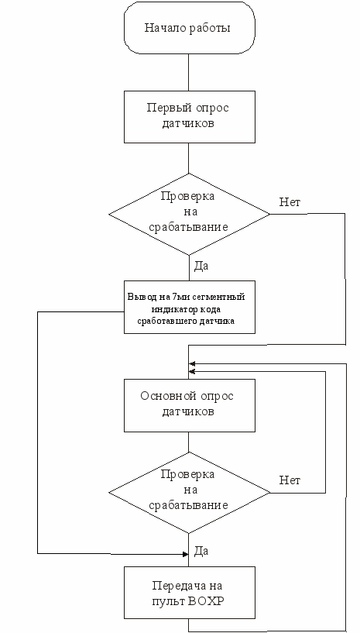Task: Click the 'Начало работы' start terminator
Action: click(x=189, y=28)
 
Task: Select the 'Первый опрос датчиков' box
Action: click(x=189, y=117)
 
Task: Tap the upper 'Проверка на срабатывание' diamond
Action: click(x=189, y=214)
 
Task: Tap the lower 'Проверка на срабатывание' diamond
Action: click(x=189, y=493)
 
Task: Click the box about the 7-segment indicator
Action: click(x=189, y=308)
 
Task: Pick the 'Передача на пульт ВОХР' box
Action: click(x=189, y=593)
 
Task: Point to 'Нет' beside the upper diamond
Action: click(x=290, y=202)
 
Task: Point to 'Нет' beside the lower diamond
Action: click(x=290, y=480)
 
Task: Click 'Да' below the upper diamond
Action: click(x=201, y=266)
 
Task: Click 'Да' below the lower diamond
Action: click(x=201, y=550)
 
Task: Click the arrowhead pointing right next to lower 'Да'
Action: click(x=185, y=554)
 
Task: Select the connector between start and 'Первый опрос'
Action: click(x=188, y=72)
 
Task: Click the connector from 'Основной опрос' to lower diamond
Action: click(x=188, y=442)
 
